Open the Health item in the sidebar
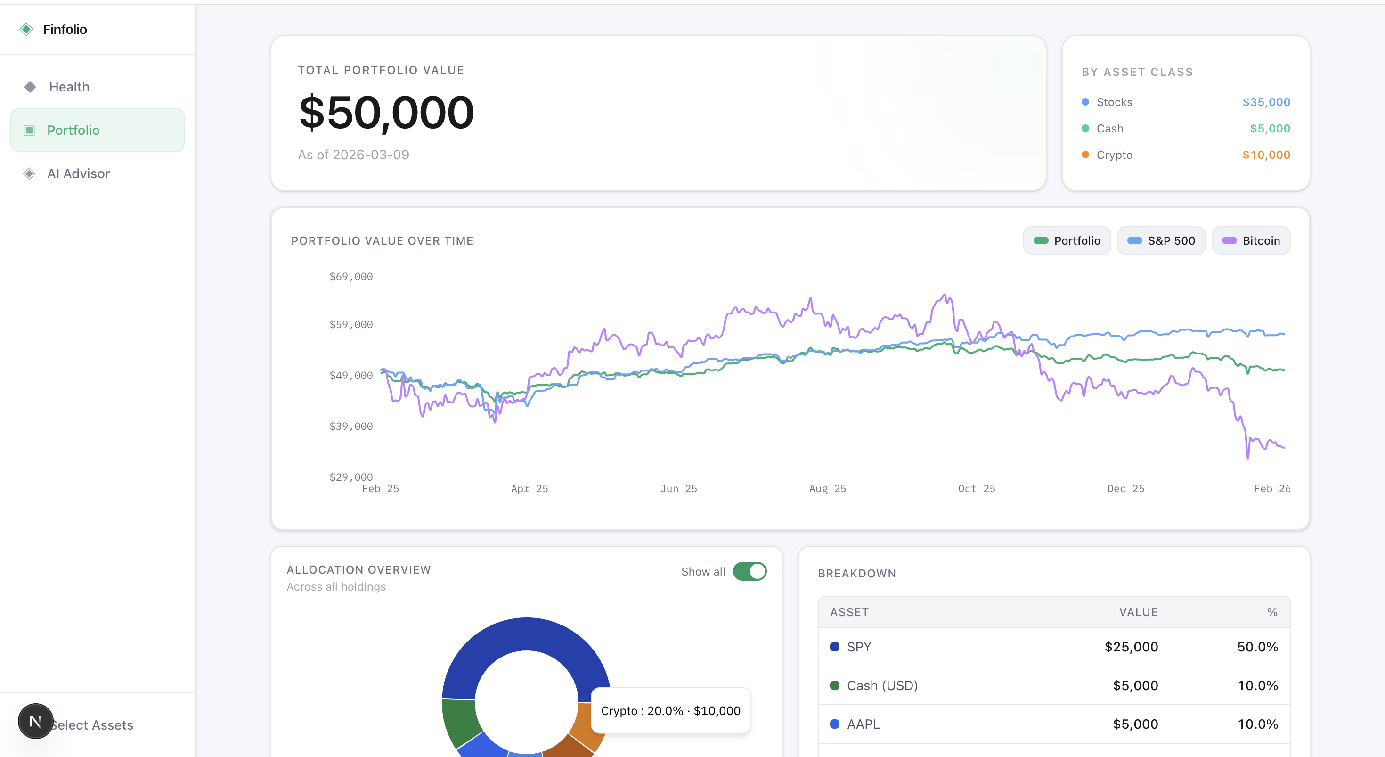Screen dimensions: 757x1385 [x=69, y=87]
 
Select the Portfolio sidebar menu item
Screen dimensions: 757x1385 [x=73, y=130]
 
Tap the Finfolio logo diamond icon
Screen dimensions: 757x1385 [x=26, y=29]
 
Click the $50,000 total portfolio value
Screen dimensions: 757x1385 [x=386, y=113]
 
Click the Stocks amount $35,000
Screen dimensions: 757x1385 [x=1266, y=102]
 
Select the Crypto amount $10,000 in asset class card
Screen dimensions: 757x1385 [x=1266, y=155]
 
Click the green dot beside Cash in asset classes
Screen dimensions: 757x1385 [x=1085, y=129]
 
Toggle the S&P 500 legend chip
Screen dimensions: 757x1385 [x=1161, y=240]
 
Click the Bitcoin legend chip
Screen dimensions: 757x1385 [x=1251, y=240]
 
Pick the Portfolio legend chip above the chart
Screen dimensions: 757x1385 [x=1067, y=240]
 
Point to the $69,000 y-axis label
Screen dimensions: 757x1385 [x=350, y=277]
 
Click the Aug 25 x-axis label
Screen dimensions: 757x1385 [x=827, y=488]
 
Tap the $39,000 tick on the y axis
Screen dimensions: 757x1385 [x=350, y=426]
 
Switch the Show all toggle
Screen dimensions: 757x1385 [x=750, y=571]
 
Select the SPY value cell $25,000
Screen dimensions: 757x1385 [x=1131, y=647]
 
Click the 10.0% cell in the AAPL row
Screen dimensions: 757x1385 [x=1257, y=724]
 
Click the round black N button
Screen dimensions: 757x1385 [x=35, y=721]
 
